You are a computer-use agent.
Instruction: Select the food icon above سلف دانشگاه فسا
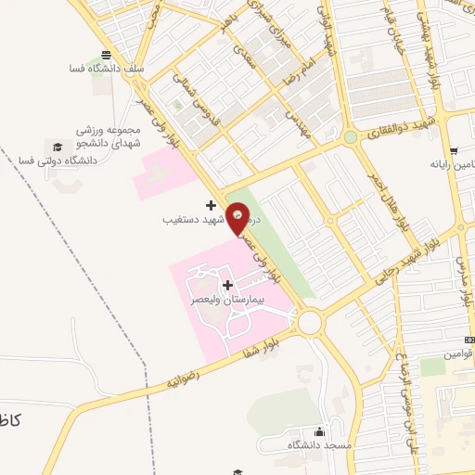[108, 54]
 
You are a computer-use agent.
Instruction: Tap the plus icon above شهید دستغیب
[212, 205]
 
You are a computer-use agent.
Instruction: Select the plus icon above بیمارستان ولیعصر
[227, 285]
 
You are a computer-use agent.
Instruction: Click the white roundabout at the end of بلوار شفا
[309, 322]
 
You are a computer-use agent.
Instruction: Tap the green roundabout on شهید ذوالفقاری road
[350, 137]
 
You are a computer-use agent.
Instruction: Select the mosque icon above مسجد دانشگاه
[320, 431]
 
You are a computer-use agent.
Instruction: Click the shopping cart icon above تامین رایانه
[453, 151]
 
